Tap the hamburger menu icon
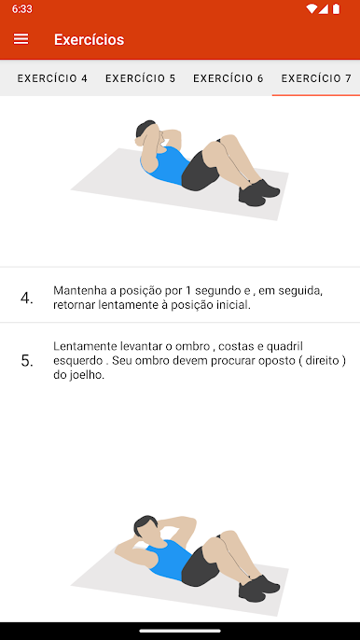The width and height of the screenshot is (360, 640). pyautogui.click(x=21, y=39)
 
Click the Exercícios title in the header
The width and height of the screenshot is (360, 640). pyautogui.click(x=89, y=39)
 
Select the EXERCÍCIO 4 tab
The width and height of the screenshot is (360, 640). pyautogui.click(x=52, y=78)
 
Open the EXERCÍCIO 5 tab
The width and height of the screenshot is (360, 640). pyautogui.click(x=141, y=78)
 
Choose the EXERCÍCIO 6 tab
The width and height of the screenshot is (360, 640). pyautogui.click(x=228, y=78)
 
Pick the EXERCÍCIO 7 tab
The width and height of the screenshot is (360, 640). pyautogui.click(x=316, y=78)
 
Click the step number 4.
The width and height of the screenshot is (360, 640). pyautogui.click(x=27, y=299)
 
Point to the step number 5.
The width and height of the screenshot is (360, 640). pyautogui.click(x=27, y=361)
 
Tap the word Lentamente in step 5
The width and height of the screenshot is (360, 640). pyautogui.click(x=86, y=346)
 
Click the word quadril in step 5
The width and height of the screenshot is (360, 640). pyautogui.click(x=284, y=346)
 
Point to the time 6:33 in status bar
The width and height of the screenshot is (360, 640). pyautogui.click(x=22, y=9)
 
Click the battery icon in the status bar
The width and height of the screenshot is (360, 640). pyautogui.click(x=336, y=8)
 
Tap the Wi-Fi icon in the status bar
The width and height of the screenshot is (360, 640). pyautogui.click(x=311, y=8)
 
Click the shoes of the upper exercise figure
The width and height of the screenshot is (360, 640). pyautogui.click(x=258, y=192)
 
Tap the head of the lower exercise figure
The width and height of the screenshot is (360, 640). pyautogui.click(x=145, y=526)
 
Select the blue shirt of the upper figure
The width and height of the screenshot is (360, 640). pyautogui.click(x=167, y=165)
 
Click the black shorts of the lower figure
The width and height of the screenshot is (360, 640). pyautogui.click(x=199, y=566)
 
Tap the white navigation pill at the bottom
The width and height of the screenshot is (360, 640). pyautogui.click(x=180, y=631)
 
